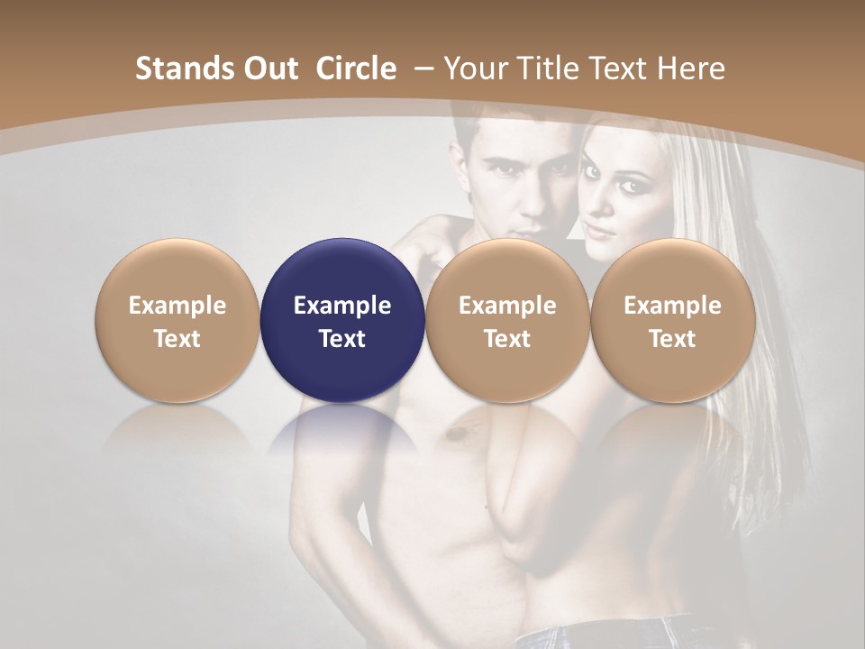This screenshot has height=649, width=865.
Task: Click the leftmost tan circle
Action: point(177,321)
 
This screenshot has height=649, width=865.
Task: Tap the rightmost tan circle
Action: point(672,321)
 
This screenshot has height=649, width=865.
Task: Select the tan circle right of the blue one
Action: point(507,321)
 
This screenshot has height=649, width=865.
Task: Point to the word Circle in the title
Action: point(356,69)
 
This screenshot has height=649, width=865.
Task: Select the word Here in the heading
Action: point(692,69)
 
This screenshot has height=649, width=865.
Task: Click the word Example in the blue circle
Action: point(342,306)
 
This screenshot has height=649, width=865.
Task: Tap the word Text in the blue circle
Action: point(342,339)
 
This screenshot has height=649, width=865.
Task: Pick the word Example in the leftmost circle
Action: point(177,306)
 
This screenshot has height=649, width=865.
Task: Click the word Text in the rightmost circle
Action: point(672,339)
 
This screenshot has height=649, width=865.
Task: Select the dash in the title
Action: point(422,69)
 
